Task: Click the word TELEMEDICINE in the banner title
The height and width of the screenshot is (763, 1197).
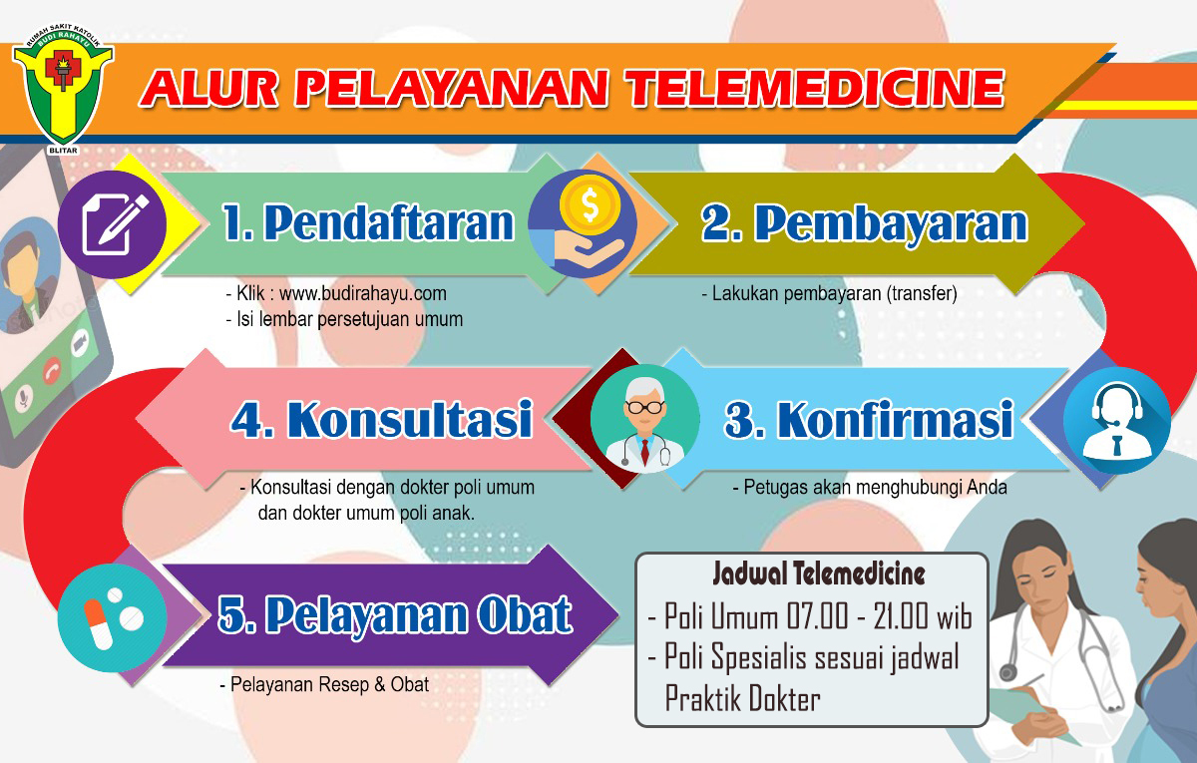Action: pos(816,88)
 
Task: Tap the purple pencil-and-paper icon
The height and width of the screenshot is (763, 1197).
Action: pos(112,224)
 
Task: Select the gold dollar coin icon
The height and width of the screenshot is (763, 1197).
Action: pos(590,205)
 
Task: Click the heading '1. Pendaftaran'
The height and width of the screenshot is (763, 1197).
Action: pos(368,222)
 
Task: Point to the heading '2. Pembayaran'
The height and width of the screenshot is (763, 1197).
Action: pos(865,224)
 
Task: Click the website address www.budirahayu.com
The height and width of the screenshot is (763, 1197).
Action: pos(363,293)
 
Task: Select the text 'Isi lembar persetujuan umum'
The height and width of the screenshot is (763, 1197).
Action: pos(349,319)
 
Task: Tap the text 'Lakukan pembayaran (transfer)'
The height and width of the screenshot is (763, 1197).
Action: pos(834,294)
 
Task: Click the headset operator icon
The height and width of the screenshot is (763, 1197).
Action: pos(1117,421)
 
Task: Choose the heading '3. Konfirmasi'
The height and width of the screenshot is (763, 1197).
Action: pos(869,421)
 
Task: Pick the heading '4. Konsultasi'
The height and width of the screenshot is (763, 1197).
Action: pos(381,420)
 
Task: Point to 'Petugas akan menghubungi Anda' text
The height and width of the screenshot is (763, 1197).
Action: pos(876,488)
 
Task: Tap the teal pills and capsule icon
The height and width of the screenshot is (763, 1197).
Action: pos(112,618)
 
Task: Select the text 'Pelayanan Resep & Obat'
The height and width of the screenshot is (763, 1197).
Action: pos(330,685)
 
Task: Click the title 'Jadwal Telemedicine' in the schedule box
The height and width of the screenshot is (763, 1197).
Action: pos(819,573)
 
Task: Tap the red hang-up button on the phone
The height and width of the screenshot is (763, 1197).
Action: pos(52,370)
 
